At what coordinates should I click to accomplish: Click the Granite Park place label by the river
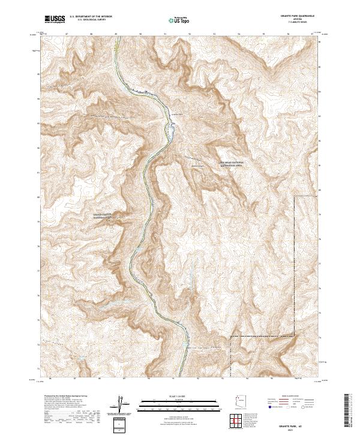click(x=176, y=114)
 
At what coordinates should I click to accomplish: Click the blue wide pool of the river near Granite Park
click(x=172, y=127)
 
